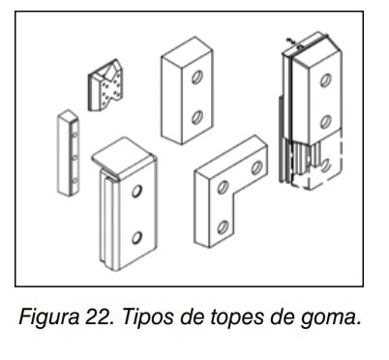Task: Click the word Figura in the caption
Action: (48, 317)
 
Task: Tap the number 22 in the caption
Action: (99, 316)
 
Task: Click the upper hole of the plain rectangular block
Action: (197, 76)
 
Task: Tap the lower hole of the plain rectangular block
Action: (197, 117)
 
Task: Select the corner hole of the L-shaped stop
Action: (223, 187)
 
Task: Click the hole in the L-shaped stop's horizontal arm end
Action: (256, 167)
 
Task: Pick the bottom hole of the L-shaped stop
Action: (223, 227)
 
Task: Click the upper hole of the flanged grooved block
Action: (136, 191)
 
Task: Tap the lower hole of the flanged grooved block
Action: (136, 238)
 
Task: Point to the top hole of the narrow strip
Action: (75, 135)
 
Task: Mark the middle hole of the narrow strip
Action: (75, 158)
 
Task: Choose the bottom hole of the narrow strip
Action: (75, 181)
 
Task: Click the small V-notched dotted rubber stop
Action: (105, 85)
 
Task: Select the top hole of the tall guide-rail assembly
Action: (326, 80)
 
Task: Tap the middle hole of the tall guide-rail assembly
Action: (326, 122)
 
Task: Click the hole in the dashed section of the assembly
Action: (326, 165)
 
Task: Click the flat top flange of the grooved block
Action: (123, 157)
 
